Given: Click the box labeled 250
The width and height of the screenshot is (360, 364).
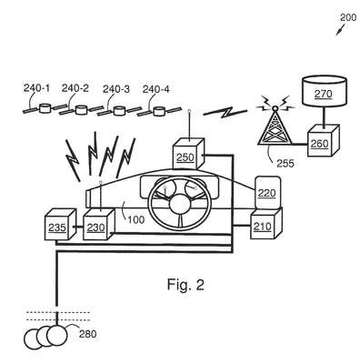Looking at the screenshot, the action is (x=188, y=154).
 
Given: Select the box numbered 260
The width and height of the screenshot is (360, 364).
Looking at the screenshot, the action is (x=324, y=140).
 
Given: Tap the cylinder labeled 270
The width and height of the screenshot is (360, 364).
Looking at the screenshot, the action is (x=324, y=91).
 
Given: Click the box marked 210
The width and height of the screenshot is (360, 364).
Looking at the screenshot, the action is (x=266, y=224).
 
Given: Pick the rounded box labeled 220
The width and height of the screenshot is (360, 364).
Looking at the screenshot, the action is (x=267, y=193).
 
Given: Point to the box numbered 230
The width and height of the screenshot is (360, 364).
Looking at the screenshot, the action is (x=99, y=225).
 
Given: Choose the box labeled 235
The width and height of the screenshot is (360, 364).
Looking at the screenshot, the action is (x=60, y=225).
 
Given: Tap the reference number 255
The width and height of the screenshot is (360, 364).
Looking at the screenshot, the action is (x=285, y=164).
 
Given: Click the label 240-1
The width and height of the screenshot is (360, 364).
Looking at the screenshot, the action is (x=36, y=88).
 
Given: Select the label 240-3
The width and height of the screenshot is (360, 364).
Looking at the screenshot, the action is (x=116, y=89).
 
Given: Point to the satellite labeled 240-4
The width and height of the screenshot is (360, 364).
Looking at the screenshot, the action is (x=159, y=111).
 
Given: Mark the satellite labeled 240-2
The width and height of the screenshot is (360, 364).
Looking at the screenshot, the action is (x=82, y=110).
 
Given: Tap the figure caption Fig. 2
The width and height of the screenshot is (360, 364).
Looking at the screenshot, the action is (x=185, y=285).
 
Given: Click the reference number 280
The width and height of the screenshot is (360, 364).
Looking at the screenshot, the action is (x=88, y=334).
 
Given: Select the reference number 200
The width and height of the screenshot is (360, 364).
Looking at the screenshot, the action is (x=348, y=17).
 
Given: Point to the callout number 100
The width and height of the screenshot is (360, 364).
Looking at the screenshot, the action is (x=136, y=219).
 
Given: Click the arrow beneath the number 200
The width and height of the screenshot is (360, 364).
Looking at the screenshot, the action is (x=340, y=30).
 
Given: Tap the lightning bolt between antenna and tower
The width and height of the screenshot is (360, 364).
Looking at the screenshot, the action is (x=225, y=112).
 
